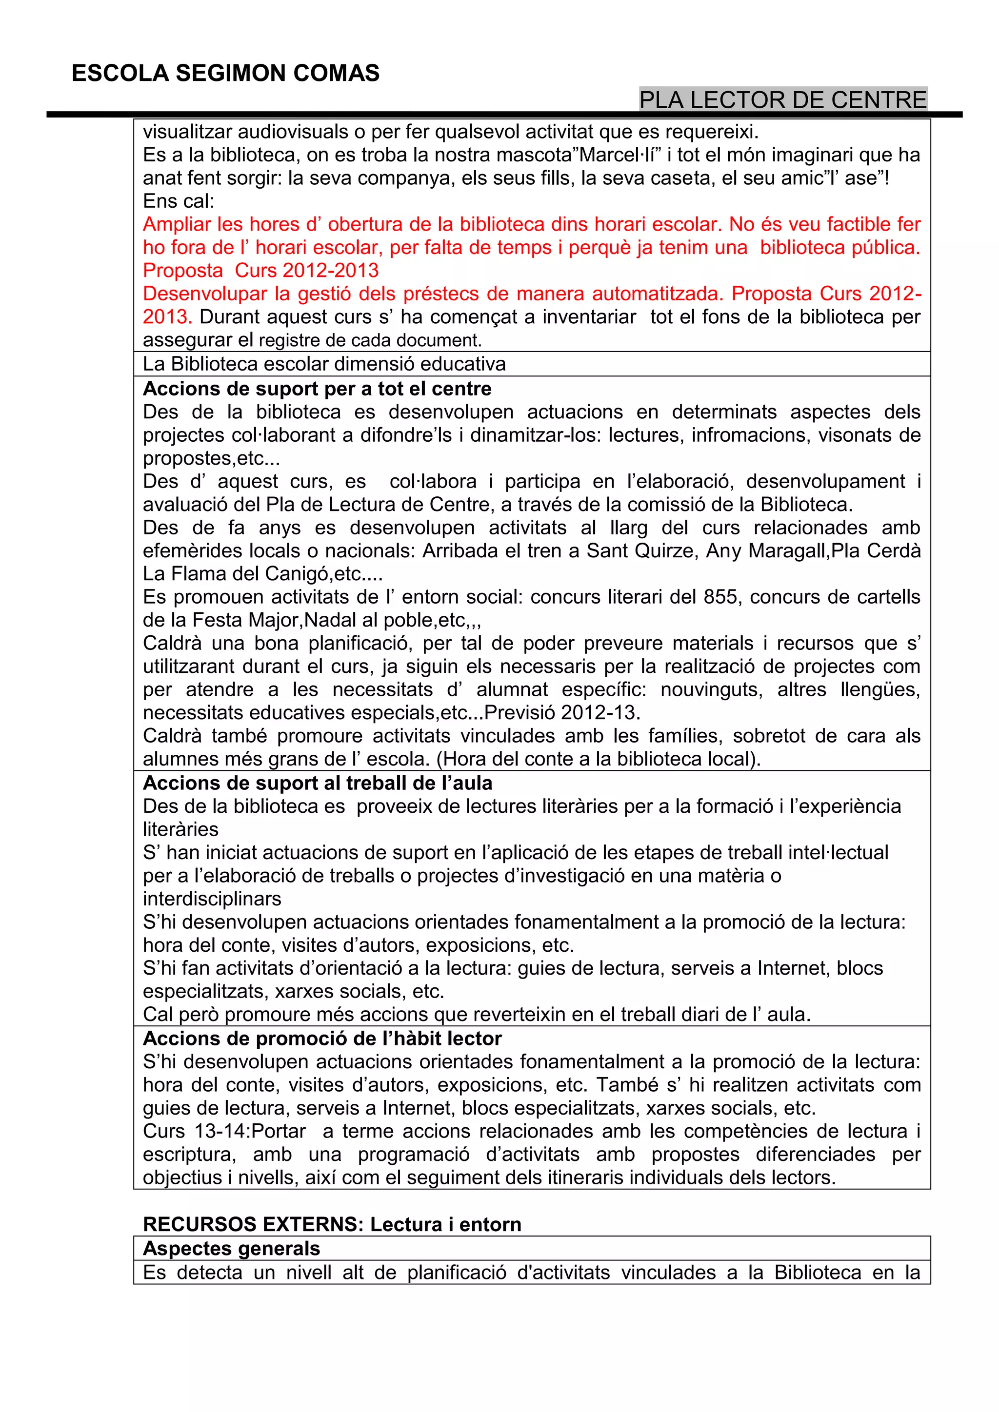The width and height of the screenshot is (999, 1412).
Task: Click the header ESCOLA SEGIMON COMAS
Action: pos(225,73)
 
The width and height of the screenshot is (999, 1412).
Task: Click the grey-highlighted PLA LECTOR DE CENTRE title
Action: pos(782,99)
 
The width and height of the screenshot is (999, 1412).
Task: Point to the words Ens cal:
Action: pos(179,201)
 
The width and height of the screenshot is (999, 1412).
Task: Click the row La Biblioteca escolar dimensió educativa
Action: pos(324,364)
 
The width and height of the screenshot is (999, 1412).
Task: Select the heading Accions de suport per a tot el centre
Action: pos(317,389)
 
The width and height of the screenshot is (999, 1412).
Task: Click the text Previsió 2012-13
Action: pos(562,712)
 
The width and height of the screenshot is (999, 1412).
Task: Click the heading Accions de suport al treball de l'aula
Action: pos(318,783)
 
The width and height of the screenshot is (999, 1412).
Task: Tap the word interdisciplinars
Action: pos(212,899)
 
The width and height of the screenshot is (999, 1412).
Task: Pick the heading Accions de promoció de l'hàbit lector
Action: pos(322,1038)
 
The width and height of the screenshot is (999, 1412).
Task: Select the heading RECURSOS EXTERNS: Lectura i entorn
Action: pos(332,1224)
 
